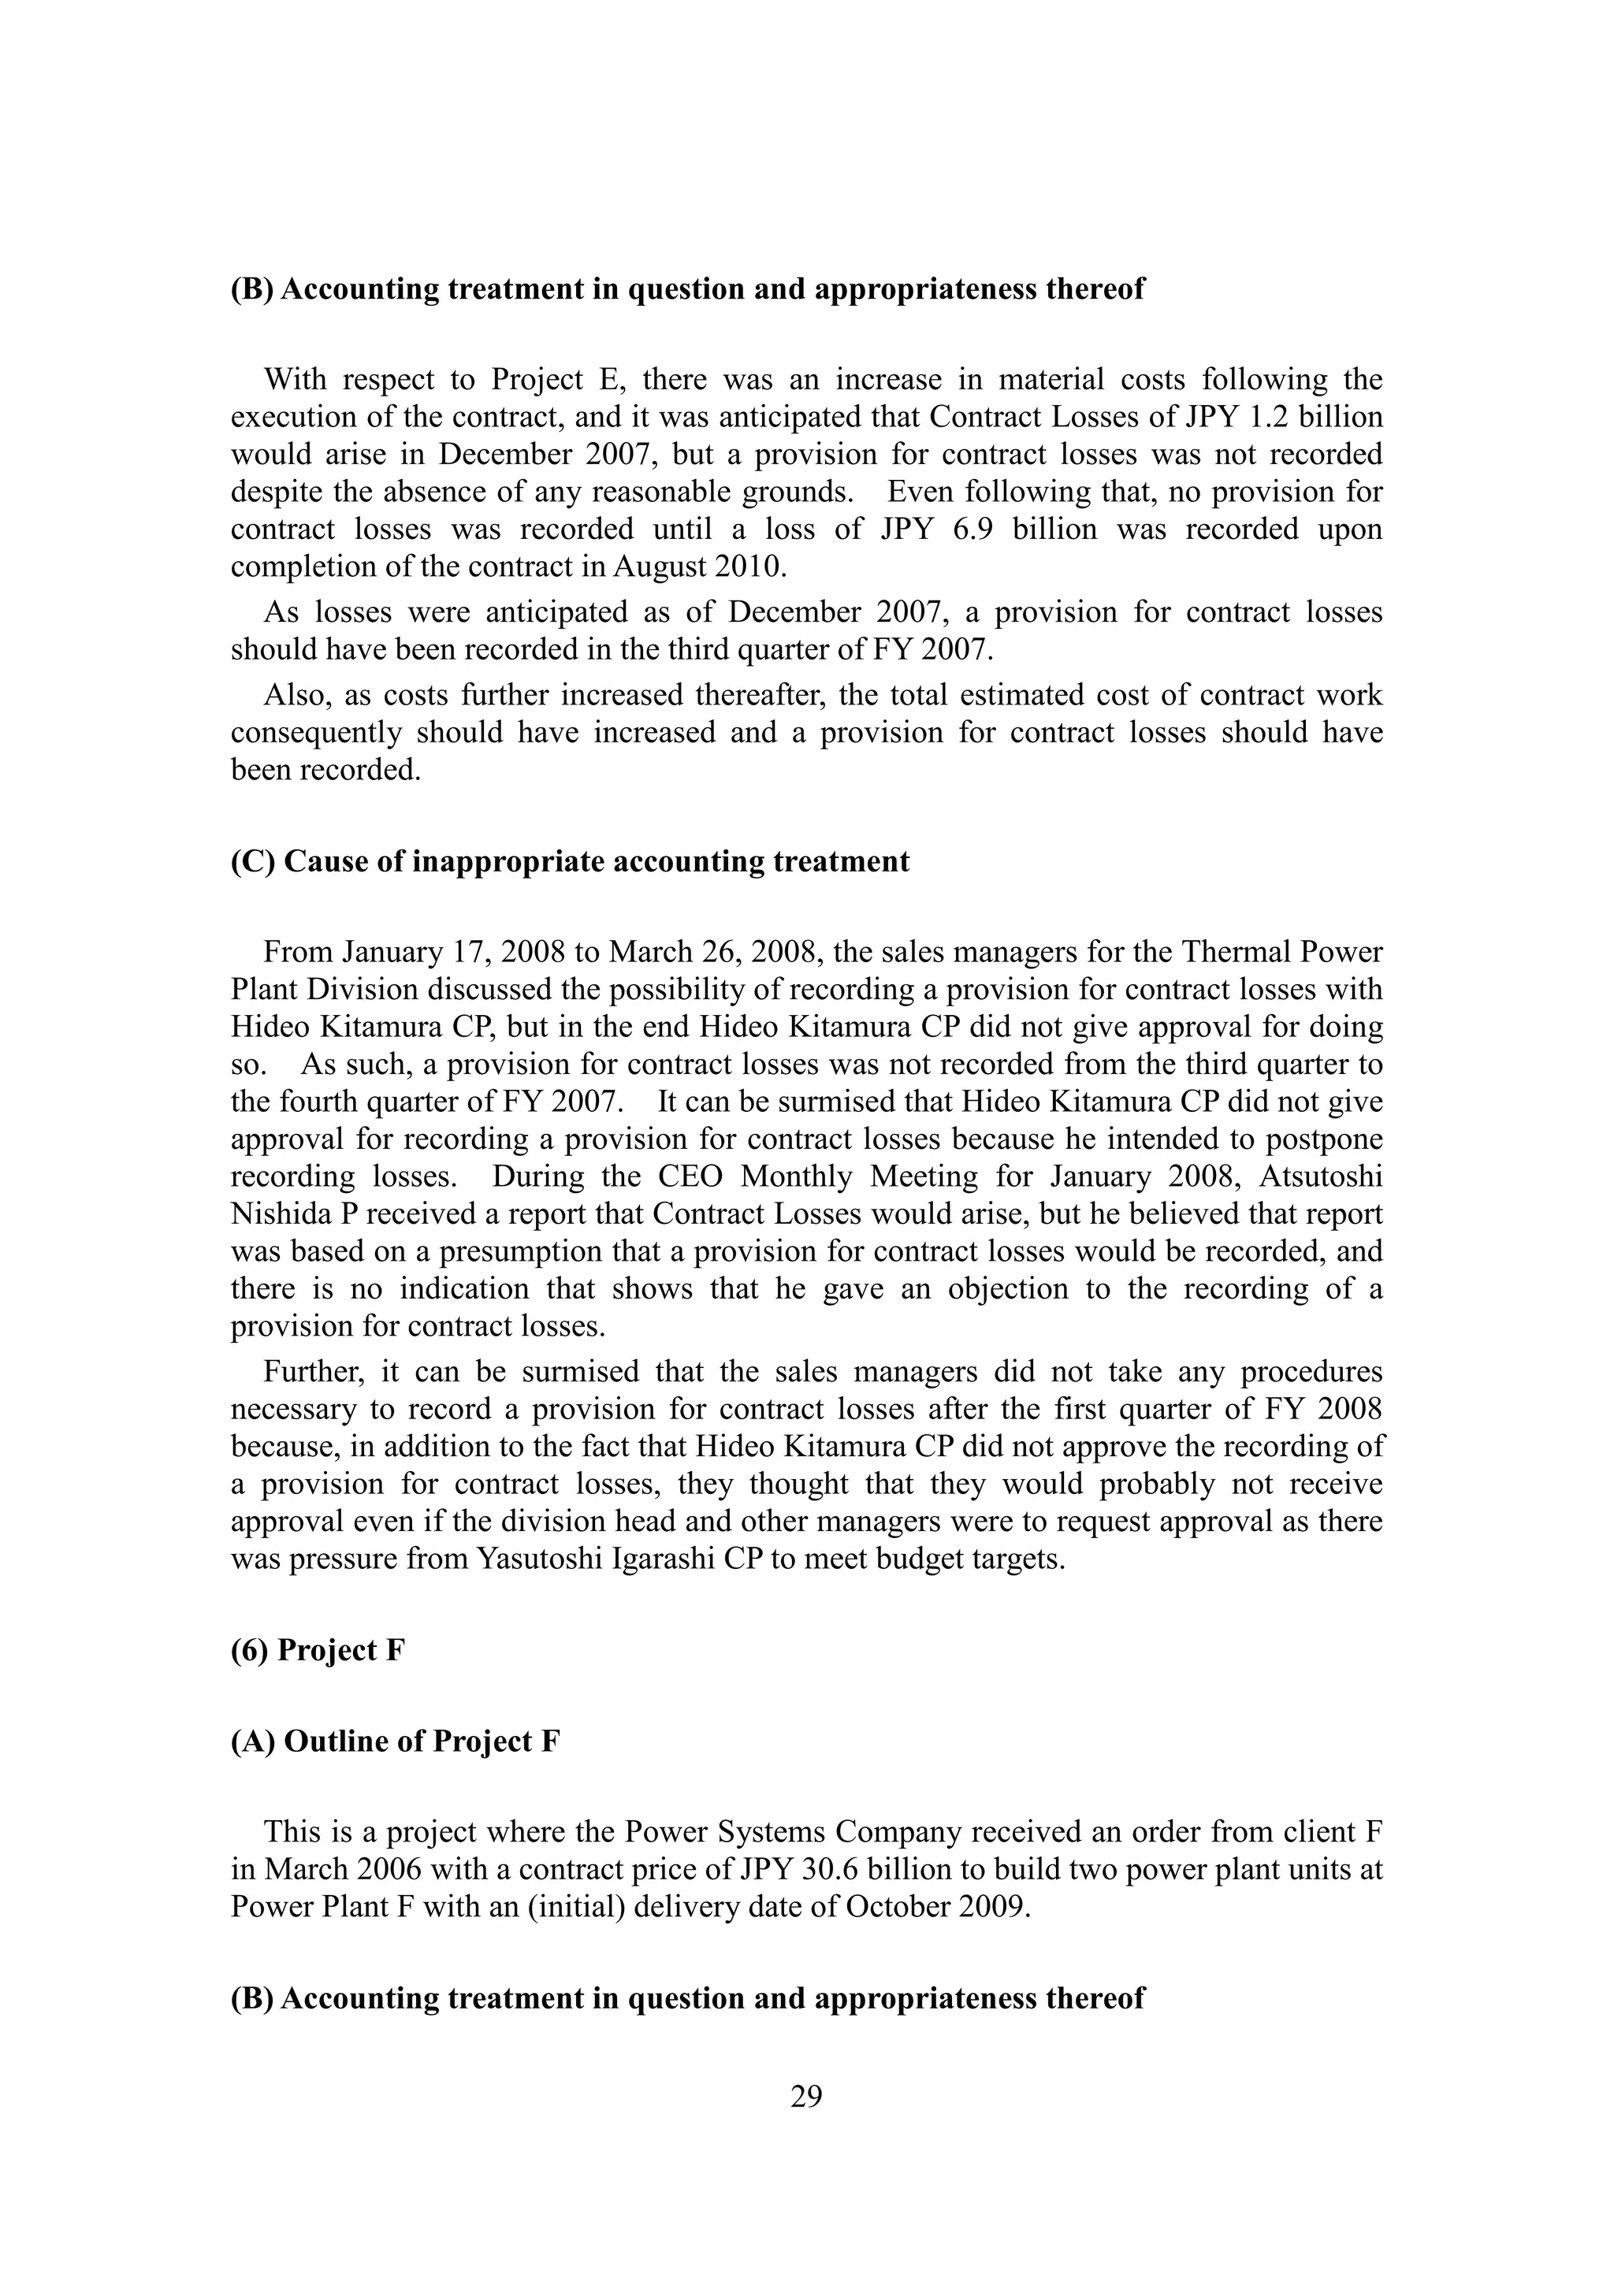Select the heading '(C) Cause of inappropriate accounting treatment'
tap(570, 860)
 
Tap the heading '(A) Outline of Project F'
tap(395, 1741)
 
